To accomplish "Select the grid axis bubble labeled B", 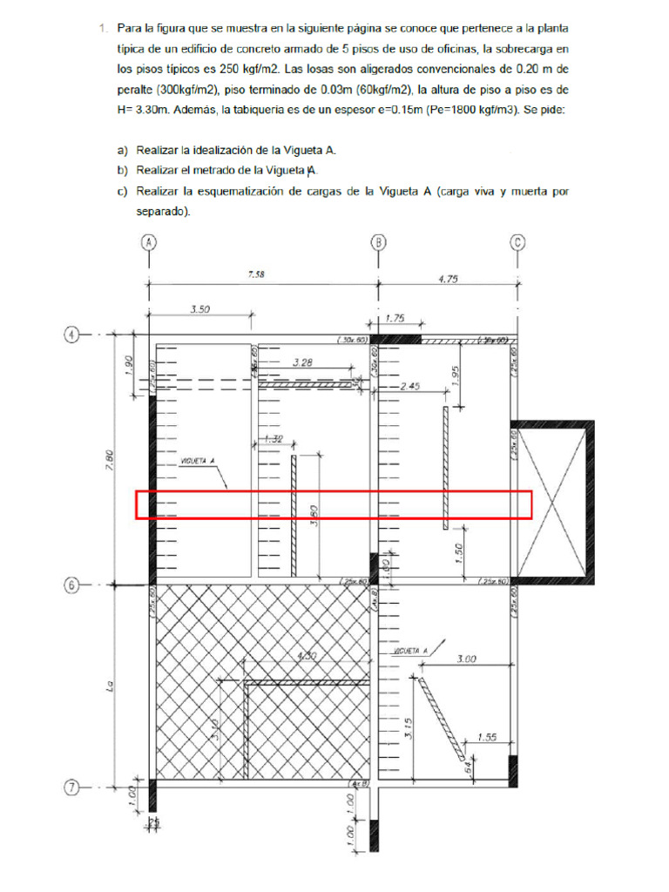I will [x=379, y=242].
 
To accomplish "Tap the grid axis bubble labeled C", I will [x=517, y=242].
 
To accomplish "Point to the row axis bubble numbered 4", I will [x=73, y=334].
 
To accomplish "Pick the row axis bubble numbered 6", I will [x=73, y=585].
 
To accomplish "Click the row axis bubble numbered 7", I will [x=73, y=788].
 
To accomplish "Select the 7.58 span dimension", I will [x=256, y=274].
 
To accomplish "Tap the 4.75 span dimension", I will [x=448, y=279].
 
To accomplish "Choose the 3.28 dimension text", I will [x=303, y=362].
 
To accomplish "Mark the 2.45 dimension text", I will [x=410, y=384].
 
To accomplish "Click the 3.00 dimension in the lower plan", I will [x=466, y=660].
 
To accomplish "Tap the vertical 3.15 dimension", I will [x=405, y=726].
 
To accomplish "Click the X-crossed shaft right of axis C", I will [x=551, y=502].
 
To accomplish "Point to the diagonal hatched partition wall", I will [x=442, y=720].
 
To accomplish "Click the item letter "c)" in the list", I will [x=122, y=193].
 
